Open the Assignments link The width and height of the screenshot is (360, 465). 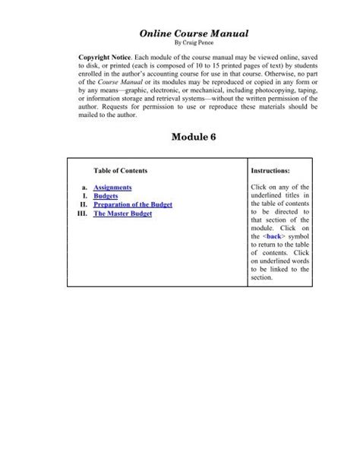(x=112, y=187)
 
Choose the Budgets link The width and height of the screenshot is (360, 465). (x=106, y=196)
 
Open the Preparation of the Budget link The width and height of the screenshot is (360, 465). (x=133, y=205)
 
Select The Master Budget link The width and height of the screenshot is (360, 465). (x=122, y=214)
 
